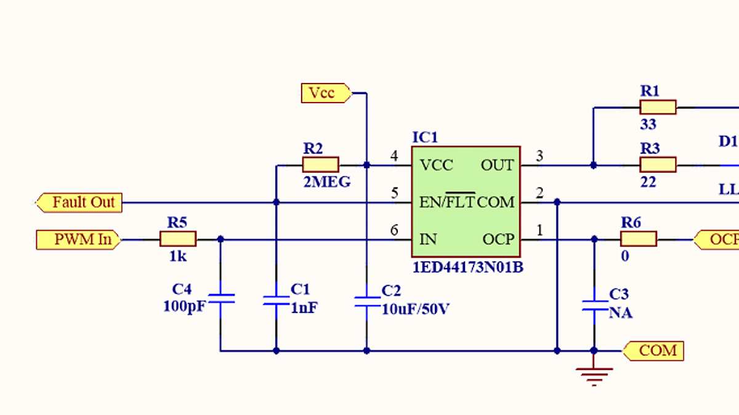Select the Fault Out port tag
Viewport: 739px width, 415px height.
coord(79,202)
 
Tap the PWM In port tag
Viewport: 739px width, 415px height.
coord(78,239)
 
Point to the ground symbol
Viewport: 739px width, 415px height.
coord(594,374)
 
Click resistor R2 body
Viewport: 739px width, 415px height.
coord(320,165)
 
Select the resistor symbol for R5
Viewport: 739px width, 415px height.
coord(178,239)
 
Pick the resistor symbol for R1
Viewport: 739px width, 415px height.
coord(658,108)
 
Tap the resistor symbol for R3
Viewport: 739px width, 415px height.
coord(658,165)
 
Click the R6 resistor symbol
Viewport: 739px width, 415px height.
coord(639,239)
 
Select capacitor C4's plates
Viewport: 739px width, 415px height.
coord(220,299)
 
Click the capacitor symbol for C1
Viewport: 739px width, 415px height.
coord(276,300)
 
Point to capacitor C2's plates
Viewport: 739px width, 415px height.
coord(367,300)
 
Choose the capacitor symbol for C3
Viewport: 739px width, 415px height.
coord(594,306)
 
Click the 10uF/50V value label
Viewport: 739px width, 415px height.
coord(415,309)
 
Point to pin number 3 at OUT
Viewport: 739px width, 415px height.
coord(539,156)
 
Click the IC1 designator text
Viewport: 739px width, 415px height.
coord(424,137)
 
